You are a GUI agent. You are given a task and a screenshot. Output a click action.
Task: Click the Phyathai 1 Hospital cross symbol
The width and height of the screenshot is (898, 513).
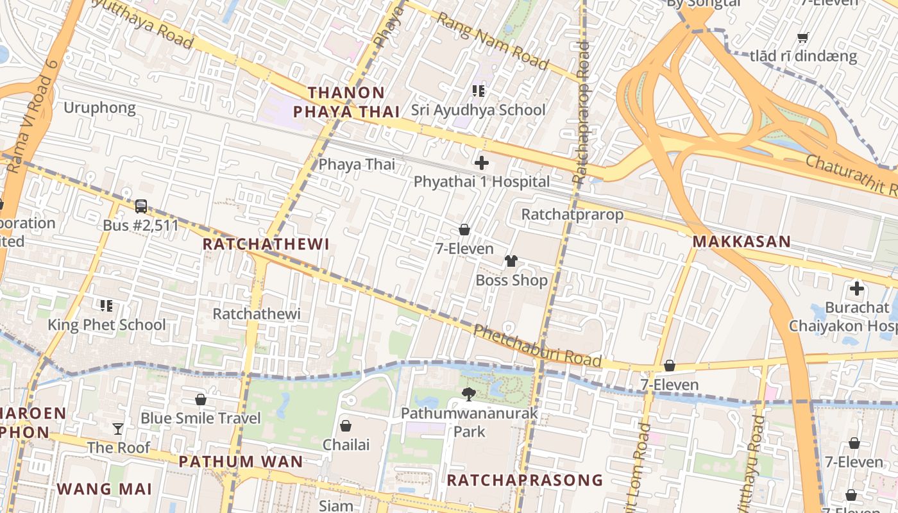[481, 163]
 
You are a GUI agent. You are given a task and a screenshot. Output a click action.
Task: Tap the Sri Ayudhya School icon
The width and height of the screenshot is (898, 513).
[478, 91]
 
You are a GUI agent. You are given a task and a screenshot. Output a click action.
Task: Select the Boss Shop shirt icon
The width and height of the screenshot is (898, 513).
[511, 261]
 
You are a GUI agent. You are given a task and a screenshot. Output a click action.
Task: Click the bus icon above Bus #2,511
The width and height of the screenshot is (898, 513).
[141, 206]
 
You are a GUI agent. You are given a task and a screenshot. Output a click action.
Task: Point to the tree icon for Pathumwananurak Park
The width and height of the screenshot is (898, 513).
[469, 394]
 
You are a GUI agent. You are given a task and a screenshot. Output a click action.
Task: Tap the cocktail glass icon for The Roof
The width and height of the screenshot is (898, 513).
[118, 428]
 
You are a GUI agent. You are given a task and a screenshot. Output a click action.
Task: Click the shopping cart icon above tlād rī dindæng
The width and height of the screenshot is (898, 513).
[802, 37]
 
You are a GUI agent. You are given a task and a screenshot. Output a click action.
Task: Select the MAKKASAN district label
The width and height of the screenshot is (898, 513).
[741, 242]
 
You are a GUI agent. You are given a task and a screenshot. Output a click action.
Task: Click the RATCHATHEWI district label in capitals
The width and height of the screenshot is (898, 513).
[266, 244]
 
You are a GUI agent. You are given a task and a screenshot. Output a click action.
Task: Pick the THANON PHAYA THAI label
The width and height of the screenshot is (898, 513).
[346, 102]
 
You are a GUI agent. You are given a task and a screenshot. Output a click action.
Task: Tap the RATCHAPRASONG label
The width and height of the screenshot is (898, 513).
[525, 480]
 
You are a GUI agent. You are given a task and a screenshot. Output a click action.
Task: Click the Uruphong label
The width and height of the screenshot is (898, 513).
[99, 108]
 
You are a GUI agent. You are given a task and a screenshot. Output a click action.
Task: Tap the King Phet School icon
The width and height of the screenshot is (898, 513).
[106, 306]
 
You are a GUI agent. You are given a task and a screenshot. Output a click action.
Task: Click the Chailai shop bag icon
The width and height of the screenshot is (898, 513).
[346, 426]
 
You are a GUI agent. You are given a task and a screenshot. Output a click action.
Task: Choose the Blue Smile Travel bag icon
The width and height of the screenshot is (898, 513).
[201, 399]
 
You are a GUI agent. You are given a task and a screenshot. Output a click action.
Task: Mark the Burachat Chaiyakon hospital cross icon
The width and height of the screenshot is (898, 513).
[856, 289]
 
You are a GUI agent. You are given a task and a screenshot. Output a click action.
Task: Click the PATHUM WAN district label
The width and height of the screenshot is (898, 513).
[241, 461]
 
